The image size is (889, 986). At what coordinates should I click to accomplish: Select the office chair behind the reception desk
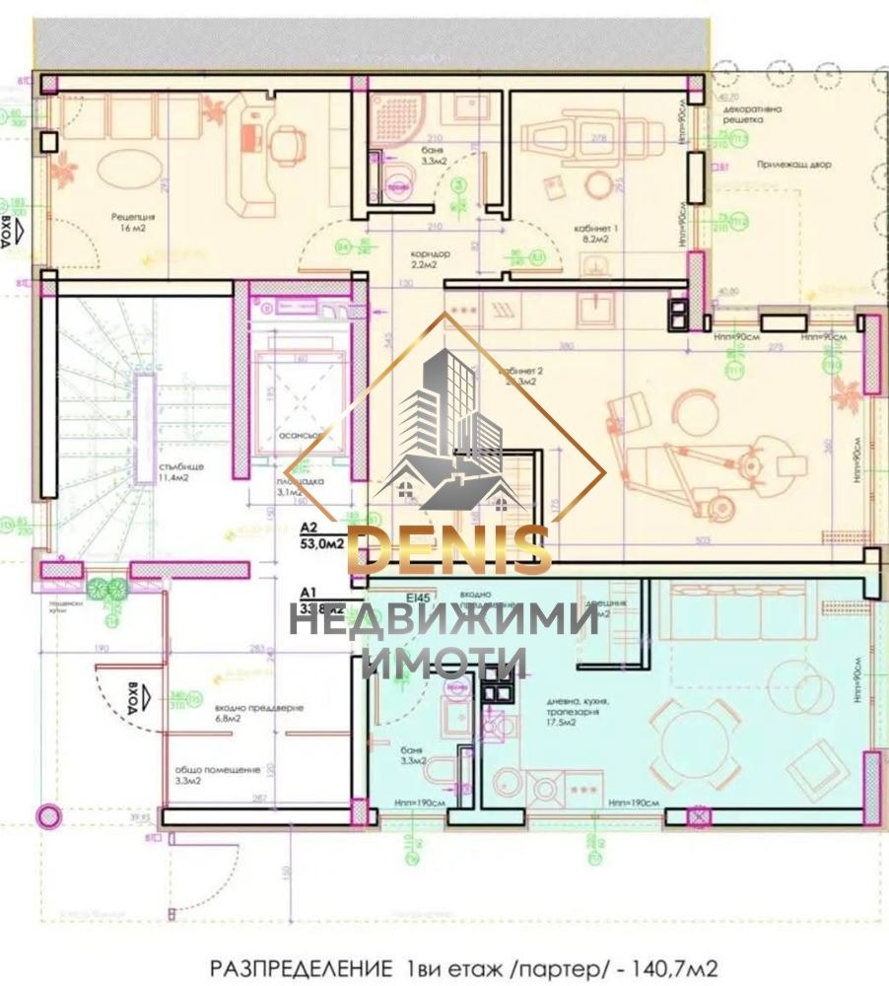(x=286, y=146)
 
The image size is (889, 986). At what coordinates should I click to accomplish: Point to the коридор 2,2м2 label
(x=431, y=259)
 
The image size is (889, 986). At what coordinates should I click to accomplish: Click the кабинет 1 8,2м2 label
(x=596, y=232)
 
